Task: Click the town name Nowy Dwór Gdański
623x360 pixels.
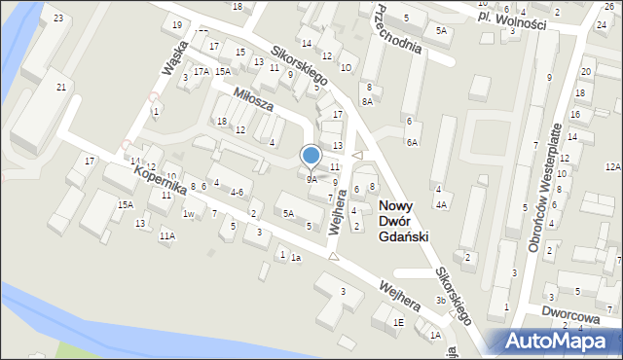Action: point(403,221)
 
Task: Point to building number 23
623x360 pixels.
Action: point(58,18)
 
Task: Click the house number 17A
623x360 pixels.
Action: point(201,71)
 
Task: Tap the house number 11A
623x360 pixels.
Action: point(167,235)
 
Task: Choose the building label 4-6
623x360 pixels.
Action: point(237,193)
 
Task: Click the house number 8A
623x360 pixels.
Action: point(367,100)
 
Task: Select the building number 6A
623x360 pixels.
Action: point(413,142)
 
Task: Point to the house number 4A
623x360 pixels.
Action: point(441,204)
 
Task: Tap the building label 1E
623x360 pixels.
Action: point(398,322)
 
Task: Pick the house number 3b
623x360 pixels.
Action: point(440,301)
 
